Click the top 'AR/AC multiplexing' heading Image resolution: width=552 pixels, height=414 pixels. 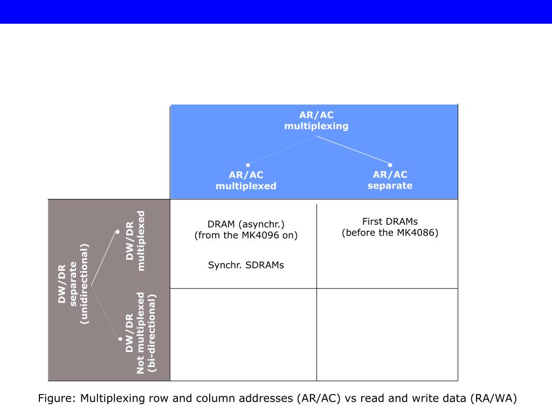tap(316, 121)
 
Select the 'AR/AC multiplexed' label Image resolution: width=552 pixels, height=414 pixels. tap(246, 181)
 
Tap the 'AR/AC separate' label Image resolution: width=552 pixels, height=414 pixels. tap(390, 180)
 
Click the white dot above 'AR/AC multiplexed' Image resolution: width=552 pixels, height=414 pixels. tap(248, 165)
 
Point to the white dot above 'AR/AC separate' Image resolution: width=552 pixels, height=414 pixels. tap(390, 165)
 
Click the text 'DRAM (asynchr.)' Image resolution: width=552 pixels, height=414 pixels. tap(246, 224)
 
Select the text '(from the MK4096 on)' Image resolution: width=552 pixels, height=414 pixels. tap(246, 235)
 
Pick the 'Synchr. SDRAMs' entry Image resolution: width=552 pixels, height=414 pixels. tap(246, 265)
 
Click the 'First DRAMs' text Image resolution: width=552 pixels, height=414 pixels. tap(390, 222)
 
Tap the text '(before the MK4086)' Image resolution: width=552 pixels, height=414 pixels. tap(390, 233)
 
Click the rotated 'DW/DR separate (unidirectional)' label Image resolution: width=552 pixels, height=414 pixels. tap(73, 284)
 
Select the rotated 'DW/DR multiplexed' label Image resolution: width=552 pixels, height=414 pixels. tap(135, 240)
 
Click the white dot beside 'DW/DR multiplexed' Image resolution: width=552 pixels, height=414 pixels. tap(118, 232)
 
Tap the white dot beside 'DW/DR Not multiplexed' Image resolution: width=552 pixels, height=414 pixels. tap(120, 339)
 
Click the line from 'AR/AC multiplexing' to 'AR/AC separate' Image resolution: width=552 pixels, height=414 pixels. tap(353, 150)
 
